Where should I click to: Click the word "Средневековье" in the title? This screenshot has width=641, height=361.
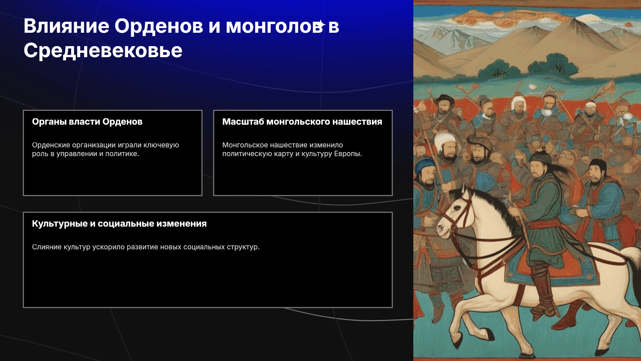[x=103, y=51]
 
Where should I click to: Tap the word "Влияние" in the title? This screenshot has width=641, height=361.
[x=66, y=26]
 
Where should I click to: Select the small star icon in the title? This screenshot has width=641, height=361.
[x=321, y=25]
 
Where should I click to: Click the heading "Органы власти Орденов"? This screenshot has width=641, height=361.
[x=87, y=122]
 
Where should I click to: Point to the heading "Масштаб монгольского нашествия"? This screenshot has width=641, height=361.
[x=302, y=122]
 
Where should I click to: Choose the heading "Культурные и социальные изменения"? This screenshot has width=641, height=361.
[x=119, y=224]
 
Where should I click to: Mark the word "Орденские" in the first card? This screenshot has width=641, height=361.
[x=51, y=145]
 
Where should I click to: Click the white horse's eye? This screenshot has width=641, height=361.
[x=457, y=208]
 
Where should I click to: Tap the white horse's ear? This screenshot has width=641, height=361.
[x=464, y=192]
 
